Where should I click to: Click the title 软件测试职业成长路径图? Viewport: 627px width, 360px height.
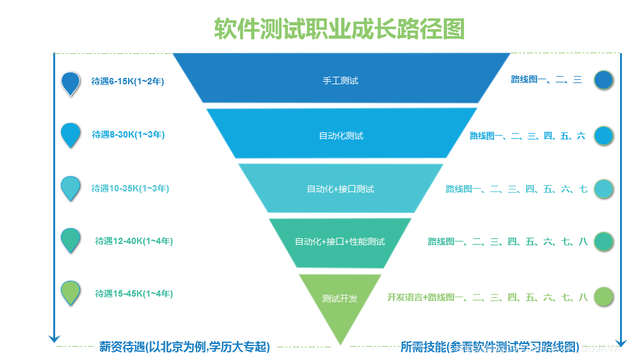pos(339,29)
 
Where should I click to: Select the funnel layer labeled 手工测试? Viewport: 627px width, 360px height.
pos(340,80)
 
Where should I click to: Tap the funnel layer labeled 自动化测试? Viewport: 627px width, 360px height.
pos(341,136)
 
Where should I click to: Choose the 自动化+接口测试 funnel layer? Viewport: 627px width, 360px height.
pos(340,189)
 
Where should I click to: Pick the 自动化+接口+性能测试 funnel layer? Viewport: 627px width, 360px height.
pos(340,241)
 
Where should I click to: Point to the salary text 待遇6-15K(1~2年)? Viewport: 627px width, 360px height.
pos(132,81)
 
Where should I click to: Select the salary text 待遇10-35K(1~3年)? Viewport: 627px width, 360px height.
pos(130,188)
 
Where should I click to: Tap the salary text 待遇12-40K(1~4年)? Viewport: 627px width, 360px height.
pos(134,241)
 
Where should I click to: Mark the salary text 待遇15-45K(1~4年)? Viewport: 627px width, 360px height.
pos(134,293)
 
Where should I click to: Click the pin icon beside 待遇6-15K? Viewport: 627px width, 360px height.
pos(70,82)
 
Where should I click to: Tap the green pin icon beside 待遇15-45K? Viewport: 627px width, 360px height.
pos(70,293)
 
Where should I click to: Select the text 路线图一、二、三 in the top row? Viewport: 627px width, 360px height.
pos(546,79)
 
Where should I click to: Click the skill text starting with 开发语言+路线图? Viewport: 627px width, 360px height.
pos(488,297)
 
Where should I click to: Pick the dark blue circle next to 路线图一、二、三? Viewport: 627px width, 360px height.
pos(604,80)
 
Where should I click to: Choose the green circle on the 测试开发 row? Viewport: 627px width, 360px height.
pos(604,297)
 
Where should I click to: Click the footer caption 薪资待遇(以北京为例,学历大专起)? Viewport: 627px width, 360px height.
pos(184,347)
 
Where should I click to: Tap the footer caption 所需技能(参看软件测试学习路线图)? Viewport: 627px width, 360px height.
pos(489,347)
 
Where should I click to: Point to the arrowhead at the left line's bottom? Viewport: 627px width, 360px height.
pos(55,338)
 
